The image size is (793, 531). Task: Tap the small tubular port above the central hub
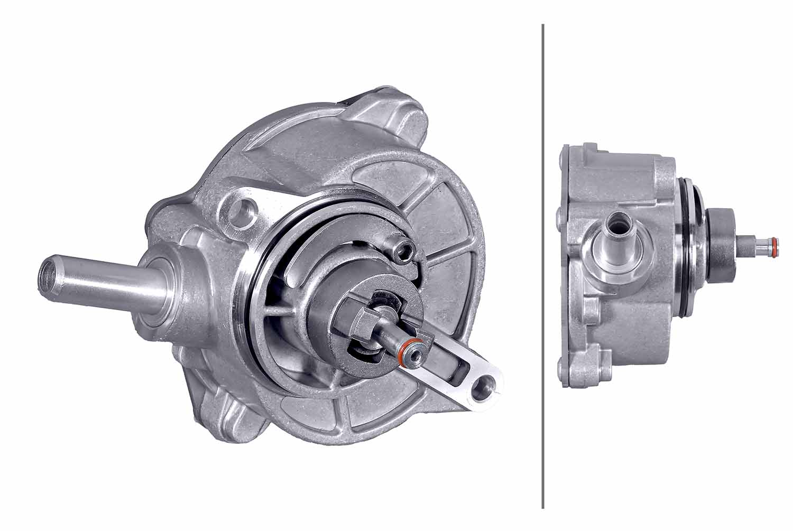[403, 249]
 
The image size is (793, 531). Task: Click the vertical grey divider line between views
[543, 264]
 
